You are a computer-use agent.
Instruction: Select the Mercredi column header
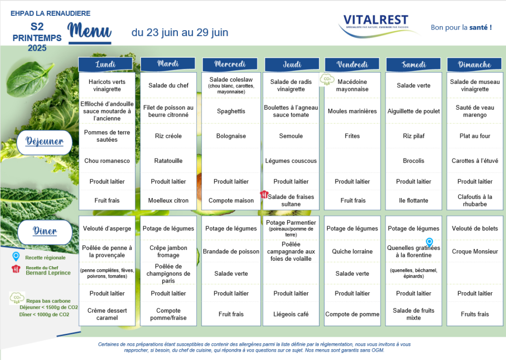click(x=230, y=64)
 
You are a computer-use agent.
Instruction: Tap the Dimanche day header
click(x=474, y=64)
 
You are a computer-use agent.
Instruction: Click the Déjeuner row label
click(x=44, y=142)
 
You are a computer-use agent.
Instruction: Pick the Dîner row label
click(x=45, y=232)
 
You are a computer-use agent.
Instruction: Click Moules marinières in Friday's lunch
click(x=352, y=111)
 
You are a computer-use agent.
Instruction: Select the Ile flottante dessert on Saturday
click(x=414, y=200)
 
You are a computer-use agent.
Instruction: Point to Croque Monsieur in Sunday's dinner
click(x=475, y=251)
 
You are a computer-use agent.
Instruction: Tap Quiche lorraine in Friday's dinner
click(x=352, y=251)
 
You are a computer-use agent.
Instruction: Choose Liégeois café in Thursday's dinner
click(x=291, y=314)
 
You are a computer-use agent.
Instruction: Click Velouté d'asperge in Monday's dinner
click(x=107, y=228)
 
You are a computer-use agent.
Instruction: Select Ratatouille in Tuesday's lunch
click(x=168, y=160)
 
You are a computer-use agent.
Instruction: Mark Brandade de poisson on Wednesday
click(x=231, y=251)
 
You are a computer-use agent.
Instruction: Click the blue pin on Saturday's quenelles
click(x=429, y=242)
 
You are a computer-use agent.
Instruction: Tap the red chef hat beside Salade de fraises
click(x=264, y=194)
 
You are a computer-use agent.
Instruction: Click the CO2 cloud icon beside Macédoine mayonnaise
click(x=327, y=80)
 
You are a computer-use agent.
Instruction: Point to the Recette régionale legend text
click(x=45, y=257)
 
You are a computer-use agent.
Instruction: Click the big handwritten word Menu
click(x=89, y=31)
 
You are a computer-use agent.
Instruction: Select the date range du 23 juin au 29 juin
click(x=180, y=32)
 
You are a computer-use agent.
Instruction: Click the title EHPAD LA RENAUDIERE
click(x=50, y=13)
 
